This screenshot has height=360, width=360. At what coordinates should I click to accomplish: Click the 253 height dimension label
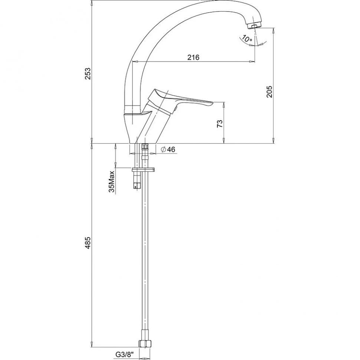[x=88, y=73]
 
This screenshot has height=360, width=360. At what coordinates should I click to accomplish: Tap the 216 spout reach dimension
[x=193, y=57]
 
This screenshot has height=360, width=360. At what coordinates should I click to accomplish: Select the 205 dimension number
[x=269, y=91]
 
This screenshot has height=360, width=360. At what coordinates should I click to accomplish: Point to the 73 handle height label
[x=220, y=124]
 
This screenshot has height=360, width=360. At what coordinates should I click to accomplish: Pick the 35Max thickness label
[x=112, y=181]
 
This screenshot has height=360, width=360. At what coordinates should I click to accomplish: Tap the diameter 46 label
[x=168, y=150]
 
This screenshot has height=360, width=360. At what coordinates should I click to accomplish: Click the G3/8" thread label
[x=124, y=354]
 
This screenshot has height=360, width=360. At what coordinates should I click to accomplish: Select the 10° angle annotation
[x=246, y=39]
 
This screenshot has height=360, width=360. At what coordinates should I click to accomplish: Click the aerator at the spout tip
[x=254, y=26]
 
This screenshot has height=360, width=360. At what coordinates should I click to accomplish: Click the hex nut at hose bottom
[x=145, y=343]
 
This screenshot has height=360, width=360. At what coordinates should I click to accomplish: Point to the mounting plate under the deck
[x=143, y=170]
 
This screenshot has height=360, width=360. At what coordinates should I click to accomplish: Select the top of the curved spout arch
[x=207, y=1]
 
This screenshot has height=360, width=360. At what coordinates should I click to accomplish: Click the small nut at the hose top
[x=145, y=147]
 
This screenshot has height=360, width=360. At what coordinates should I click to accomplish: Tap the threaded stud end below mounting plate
[x=137, y=186]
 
